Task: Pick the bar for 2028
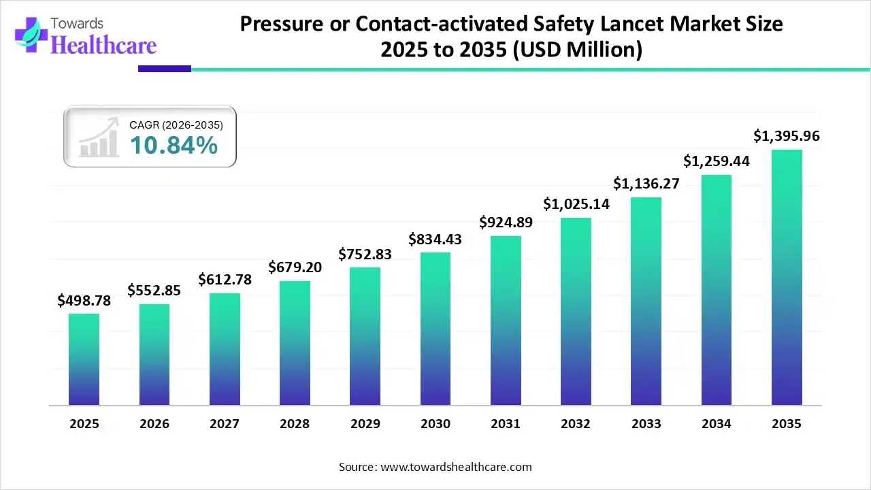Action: click(295, 343)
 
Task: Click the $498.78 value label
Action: click(84, 300)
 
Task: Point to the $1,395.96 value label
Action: click(787, 136)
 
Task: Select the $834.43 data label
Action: click(435, 239)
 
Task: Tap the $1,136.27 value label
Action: click(646, 184)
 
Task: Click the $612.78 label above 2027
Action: click(225, 280)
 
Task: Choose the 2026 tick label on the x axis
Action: click(154, 424)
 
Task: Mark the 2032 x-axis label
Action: click(576, 424)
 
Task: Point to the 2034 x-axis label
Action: click(717, 424)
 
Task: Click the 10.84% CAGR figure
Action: click(174, 145)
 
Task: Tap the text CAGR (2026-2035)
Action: click(176, 125)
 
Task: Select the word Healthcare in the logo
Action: click(103, 45)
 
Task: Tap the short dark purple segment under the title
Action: click(164, 68)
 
